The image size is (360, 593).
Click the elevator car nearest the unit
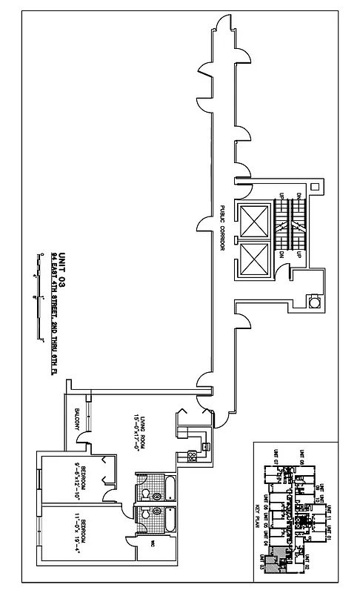tap(253, 259)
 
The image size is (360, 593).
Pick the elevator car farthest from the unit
tap(253, 219)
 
